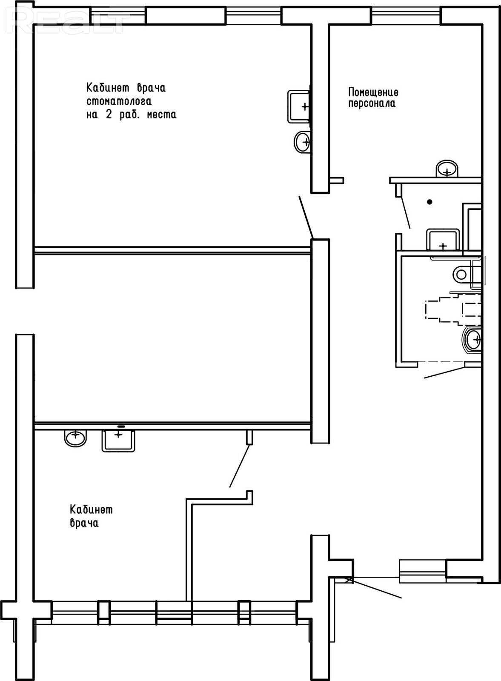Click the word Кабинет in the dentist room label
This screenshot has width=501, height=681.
tap(108, 88)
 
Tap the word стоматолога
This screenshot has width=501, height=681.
tap(119, 101)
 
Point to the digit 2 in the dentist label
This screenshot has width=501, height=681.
tap(109, 114)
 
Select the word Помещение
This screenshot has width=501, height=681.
tap(373, 92)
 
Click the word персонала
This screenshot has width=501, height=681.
tap(372, 104)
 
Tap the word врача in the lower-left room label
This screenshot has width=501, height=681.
tap(84, 523)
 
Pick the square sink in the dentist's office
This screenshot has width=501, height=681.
tap(299, 106)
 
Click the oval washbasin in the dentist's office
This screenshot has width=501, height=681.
tap(302, 141)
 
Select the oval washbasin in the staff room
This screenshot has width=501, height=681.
tap(447, 168)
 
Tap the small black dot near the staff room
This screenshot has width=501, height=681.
tap(429, 202)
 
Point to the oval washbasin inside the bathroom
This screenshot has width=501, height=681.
tap(472, 339)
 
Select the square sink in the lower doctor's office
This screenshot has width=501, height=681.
tap(118, 441)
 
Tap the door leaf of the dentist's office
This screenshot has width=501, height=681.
tap(306, 217)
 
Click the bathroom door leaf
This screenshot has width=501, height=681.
tap(445, 372)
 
